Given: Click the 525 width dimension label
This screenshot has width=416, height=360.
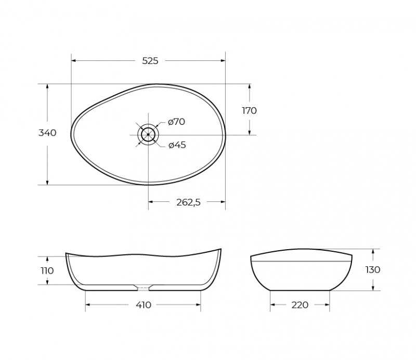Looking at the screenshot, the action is [150, 61].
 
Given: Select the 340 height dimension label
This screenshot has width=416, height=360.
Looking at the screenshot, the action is [47, 133].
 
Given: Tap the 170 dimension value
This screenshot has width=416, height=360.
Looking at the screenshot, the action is [250, 110].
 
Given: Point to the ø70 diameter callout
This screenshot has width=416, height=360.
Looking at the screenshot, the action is [176, 122].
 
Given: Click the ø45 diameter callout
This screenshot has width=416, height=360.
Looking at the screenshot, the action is [177, 145].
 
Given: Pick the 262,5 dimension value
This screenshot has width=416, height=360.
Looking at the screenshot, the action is [189, 202].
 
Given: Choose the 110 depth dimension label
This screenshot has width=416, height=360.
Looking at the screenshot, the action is [47, 271].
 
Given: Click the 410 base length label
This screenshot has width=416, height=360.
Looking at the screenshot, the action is [144, 305].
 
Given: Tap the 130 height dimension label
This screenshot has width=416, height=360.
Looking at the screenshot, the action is [373, 269].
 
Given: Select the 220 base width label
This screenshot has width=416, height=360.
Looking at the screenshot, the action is [300, 305].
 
